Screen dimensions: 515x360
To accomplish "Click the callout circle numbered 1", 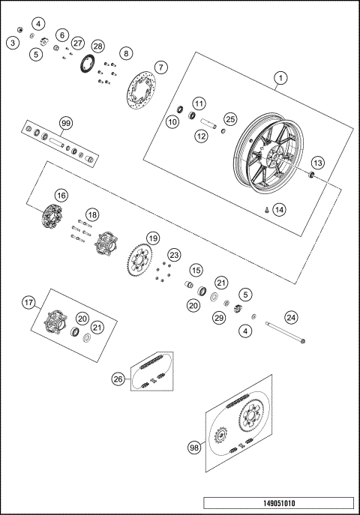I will tap(280, 77).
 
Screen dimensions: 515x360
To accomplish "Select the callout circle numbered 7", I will tap(160, 67).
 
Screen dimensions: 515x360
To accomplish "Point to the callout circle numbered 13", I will tap(317, 163).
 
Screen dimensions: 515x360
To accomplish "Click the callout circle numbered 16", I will tap(61, 195).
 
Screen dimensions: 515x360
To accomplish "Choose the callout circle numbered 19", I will tap(153, 238).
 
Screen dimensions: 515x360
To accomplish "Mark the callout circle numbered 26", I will tap(118, 379).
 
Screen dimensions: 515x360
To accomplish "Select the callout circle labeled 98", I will tap(193, 448).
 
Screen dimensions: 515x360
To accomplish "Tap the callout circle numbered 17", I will tap(28, 303).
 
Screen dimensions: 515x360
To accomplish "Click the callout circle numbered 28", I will tap(98, 46).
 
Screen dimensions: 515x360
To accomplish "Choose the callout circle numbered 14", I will tap(279, 209).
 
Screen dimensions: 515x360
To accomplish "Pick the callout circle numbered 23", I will tap(174, 255).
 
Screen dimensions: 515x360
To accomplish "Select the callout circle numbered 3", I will tap(13, 43).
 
